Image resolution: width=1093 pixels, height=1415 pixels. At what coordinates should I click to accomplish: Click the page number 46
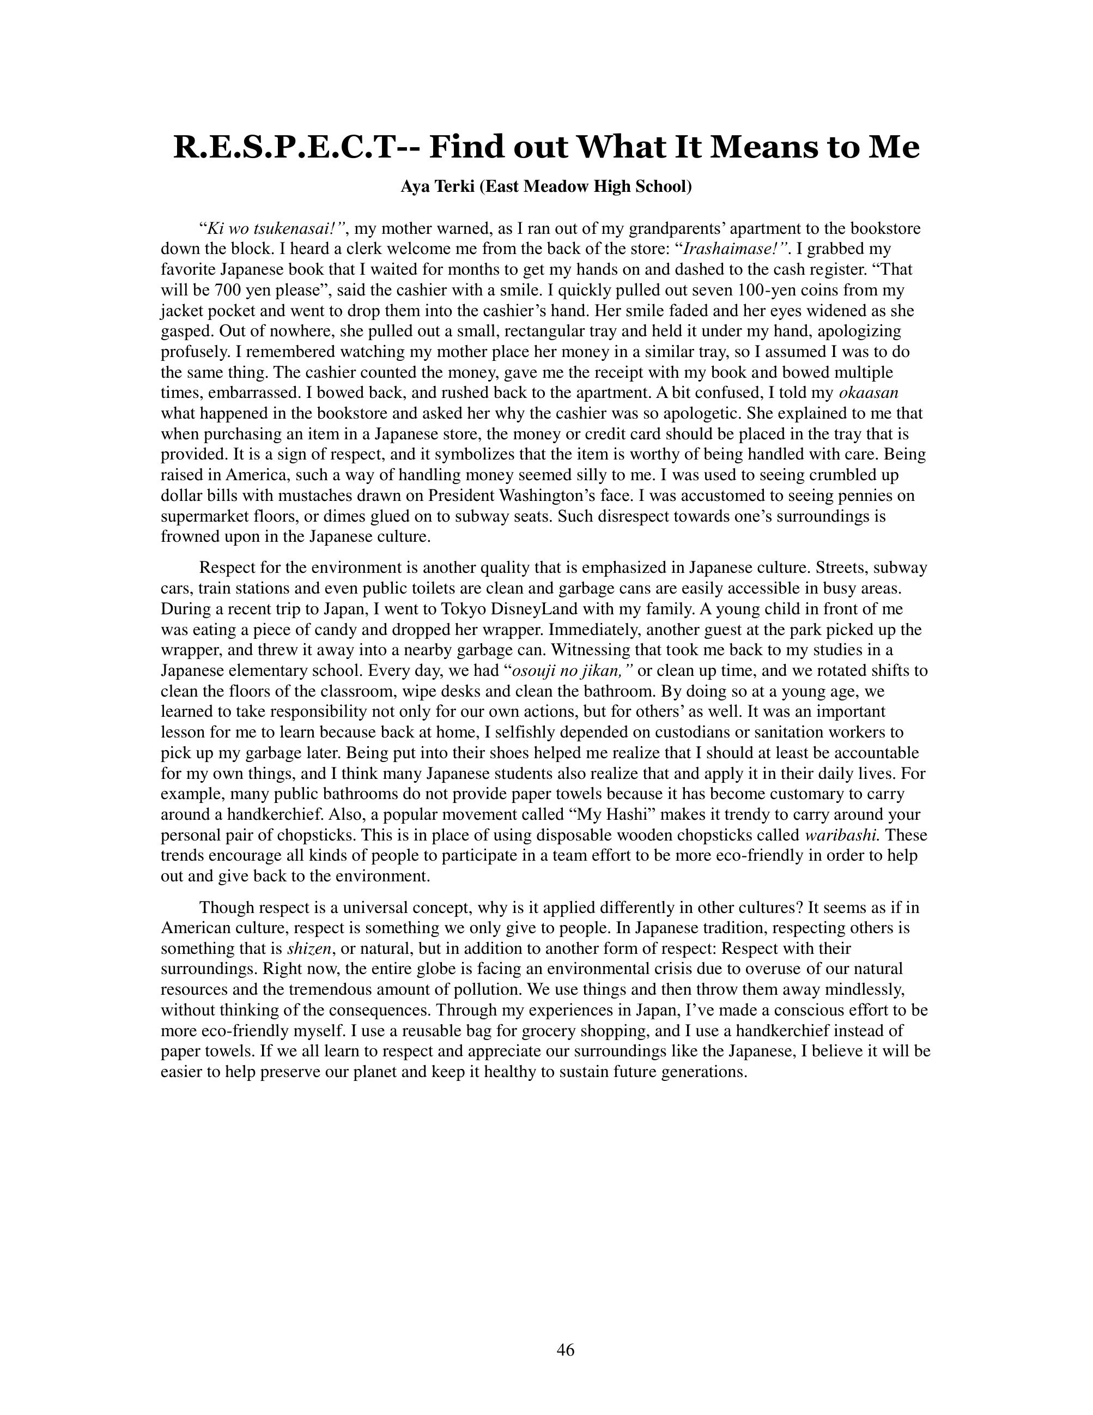tap(565, 1349)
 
